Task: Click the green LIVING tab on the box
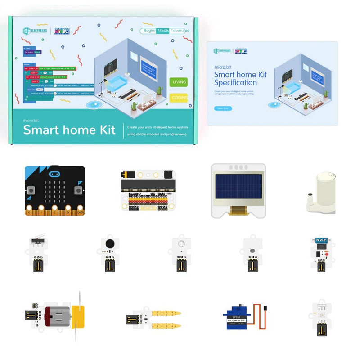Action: (178, 82)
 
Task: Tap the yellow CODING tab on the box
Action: (179, 97)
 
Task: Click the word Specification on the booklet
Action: (235, 83)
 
